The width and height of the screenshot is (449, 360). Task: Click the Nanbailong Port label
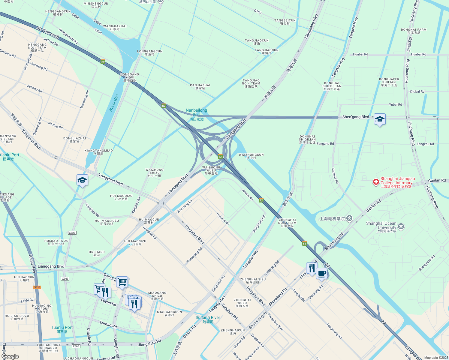pyautogui.click(x=196, y=114)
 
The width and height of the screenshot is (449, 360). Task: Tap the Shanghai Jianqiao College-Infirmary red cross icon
pyautogui.click(x=376, y=182)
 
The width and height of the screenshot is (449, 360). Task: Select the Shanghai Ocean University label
pyautogui.click(x=381, y=227)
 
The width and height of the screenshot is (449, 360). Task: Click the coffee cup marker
pyautogui.click(x=321, y=274)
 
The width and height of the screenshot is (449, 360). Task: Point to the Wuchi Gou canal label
pyautogui.click(x=114, y=103)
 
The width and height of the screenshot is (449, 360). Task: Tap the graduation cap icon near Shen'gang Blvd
pyautogui.click(x=380, y=119)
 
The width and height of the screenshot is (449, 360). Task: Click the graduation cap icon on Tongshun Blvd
pyautogui.click(x=82, y=180)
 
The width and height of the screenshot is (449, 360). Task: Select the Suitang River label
pyautogui.click(x=208, y=319)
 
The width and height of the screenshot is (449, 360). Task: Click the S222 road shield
pyautogui.click(x=37, y=287)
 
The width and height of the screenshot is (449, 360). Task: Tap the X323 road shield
pyautogui.click(x=72, y=233)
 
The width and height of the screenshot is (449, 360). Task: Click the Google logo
pyautogui.click(x=10, y=356)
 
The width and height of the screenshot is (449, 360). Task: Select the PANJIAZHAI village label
pyautogui.click(x=200, y=86)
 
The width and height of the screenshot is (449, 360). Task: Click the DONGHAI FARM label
pyautogui.click(x=414, y=31)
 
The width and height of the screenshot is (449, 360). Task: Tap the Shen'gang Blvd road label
pyautogui.click(x=356, y=117)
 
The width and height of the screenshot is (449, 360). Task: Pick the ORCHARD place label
pyautogui.click(x=97, y=253)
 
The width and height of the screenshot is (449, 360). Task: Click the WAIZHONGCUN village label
pyautogui.click(x=251, y=156)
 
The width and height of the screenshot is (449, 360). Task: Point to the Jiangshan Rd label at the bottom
pyautogui.click(x=149, y=343)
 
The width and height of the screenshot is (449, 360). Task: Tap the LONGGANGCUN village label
pyautogui.click(x=150, y=52)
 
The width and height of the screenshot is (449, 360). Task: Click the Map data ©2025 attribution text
pyautogui.click(x=436, y=358)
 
